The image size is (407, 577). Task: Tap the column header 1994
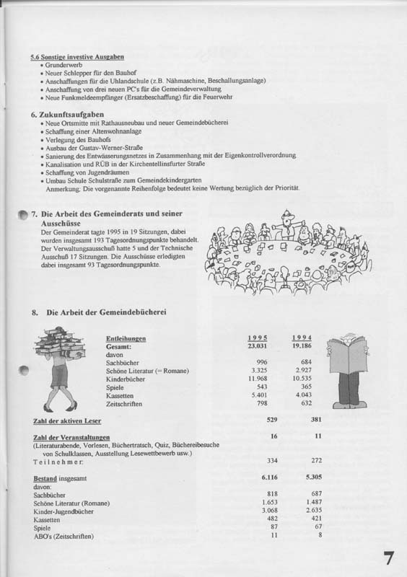click(302, 338)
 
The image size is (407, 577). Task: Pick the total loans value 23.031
click(257, 346)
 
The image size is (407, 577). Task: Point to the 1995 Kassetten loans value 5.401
click(258, 395)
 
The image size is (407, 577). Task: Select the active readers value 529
click(272, 420)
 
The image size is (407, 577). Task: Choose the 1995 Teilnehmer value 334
click(272, 459)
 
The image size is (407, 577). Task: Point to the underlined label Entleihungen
click(126, 338)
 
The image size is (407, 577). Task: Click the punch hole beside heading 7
click(22, 215)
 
